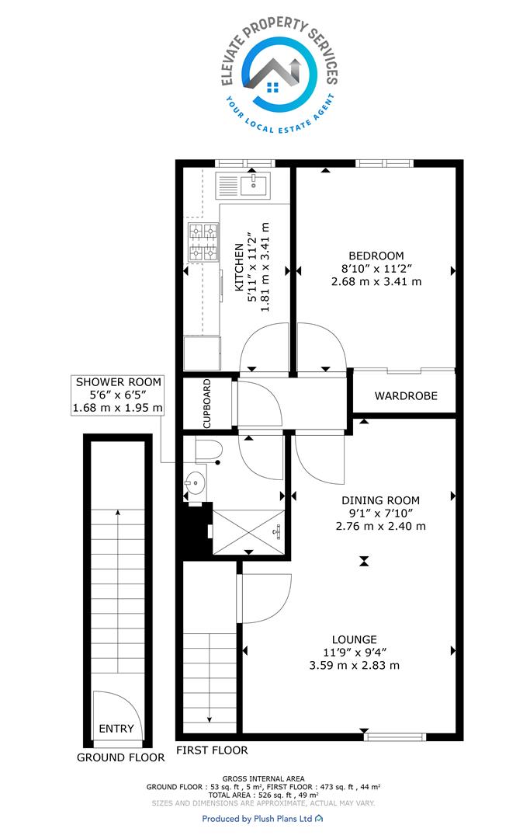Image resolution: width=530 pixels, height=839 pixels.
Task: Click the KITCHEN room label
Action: click(x=239, y=267)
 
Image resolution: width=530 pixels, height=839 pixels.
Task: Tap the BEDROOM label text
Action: click(x=376, y=256)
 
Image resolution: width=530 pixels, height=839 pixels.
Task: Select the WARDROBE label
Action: click(x=406, y=396)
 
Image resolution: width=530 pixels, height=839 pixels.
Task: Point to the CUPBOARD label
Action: click(x=207, y=403)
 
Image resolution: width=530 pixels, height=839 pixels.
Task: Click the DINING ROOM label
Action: click(x=380, y=501)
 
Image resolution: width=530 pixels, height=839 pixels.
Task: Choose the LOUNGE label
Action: click(x=354, y=639)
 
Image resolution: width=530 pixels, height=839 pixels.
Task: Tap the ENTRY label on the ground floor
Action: click(x=116, y=729)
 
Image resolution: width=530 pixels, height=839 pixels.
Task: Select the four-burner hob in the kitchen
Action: click(x=203, y=242)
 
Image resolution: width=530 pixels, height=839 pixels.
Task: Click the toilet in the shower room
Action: click(x=209, y=451)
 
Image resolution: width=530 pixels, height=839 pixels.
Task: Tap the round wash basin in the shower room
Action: click(x=195, y=482)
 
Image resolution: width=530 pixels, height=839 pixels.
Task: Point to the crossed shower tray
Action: click(x=248, y=532)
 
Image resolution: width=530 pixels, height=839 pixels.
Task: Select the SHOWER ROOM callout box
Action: click(x=118, y=395)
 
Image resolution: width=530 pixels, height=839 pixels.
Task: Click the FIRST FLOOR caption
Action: click(x=212, y=750)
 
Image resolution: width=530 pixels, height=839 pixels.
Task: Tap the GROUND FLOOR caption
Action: click(x=121, y=757)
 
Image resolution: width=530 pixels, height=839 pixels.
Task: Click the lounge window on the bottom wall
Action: click(x=395, y=736)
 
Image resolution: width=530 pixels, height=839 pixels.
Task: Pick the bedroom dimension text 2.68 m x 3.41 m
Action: click(x=376, y=281)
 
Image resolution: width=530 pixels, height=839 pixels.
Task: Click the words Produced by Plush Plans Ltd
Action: click(x=257, y=819)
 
